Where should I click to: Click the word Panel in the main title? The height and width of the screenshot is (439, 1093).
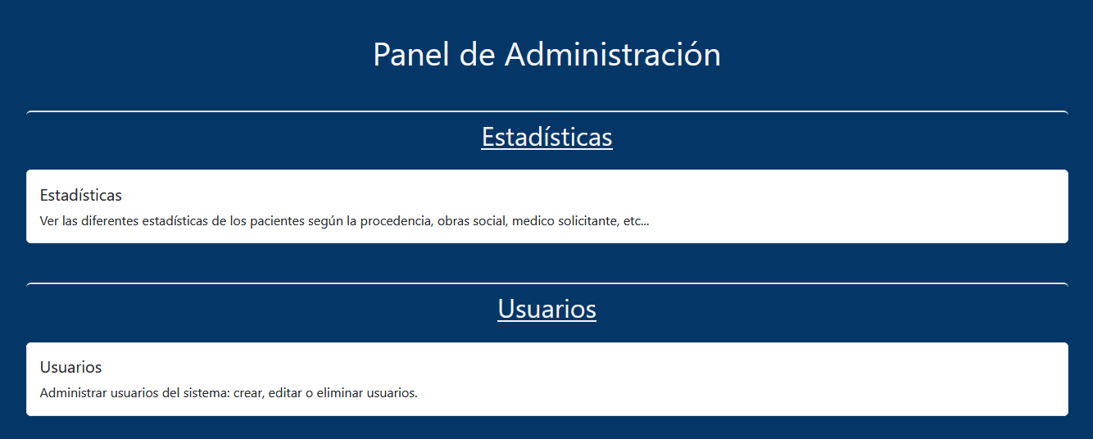pos(410,54)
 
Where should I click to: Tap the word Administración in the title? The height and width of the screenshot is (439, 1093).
pos(613,54)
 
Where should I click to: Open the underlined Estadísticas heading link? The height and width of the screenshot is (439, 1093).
pos(547,137)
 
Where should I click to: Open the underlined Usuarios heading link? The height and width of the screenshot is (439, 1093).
pos(547,309)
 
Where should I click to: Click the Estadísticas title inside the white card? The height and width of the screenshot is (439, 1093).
pos(81,195)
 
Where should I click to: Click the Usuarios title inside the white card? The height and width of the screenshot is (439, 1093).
pos(70,367)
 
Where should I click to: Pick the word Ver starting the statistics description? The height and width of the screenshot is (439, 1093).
pos(49,221)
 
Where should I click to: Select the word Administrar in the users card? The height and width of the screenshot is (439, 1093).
pos(73,392)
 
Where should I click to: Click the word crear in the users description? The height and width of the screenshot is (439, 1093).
pos(249,393)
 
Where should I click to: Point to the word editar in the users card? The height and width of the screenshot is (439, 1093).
pos(285,392)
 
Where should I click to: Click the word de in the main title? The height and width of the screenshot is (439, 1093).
pos(477,54)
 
